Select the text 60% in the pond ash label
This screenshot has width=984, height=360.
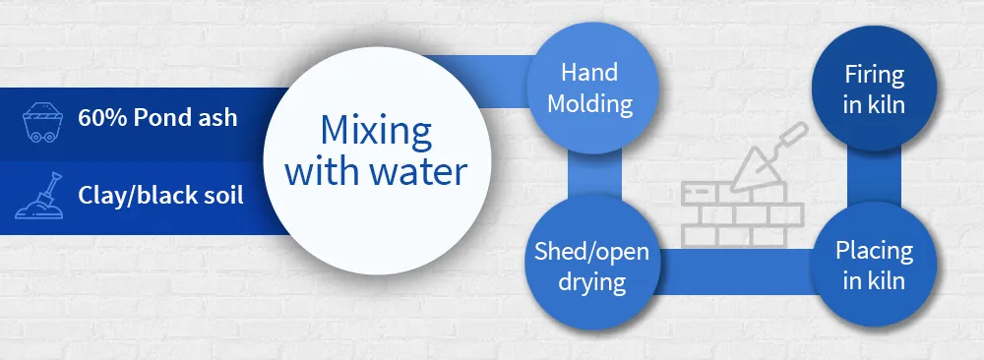click(x=100, y=117)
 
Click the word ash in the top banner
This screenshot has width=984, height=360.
click(x=217, y=117)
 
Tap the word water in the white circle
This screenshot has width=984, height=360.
click(x=420, y=173)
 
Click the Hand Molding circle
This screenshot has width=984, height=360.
click(x=590, y=89)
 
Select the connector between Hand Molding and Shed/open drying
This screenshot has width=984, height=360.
click(x=590, y=177)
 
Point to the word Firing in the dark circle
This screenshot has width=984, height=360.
click(x=874, y=75)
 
